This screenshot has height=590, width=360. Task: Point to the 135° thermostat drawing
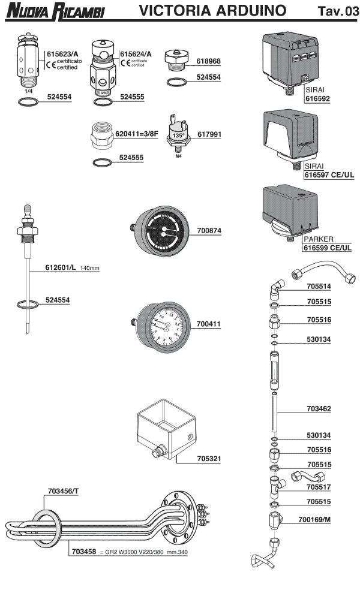tap(178, 135)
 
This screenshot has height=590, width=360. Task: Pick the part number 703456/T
tap(62, 491)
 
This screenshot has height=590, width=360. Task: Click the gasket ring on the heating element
tap(47, 525)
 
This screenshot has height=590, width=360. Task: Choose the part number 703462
tap(320, 408)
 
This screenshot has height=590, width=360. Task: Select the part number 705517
tap(320, 487)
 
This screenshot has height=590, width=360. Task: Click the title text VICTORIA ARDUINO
tap(212, 11)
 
